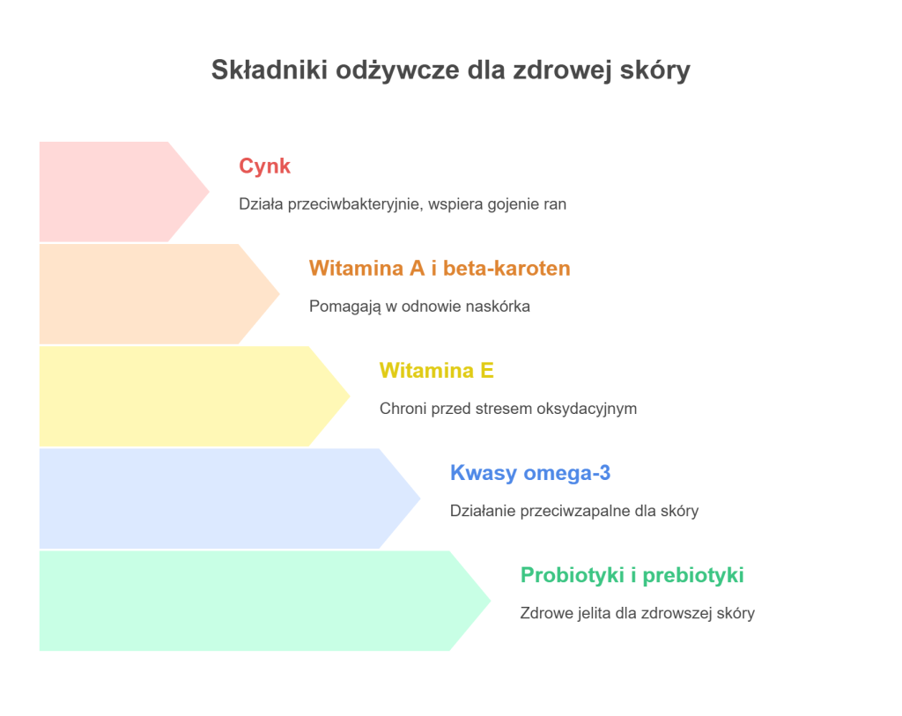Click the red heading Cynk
coord(264,166)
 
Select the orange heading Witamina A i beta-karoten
coord(440,268)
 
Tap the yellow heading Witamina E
coord(436,370)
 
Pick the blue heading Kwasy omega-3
coord(529,473)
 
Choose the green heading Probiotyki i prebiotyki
coord(632,575)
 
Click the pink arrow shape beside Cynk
coord(115,191)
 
